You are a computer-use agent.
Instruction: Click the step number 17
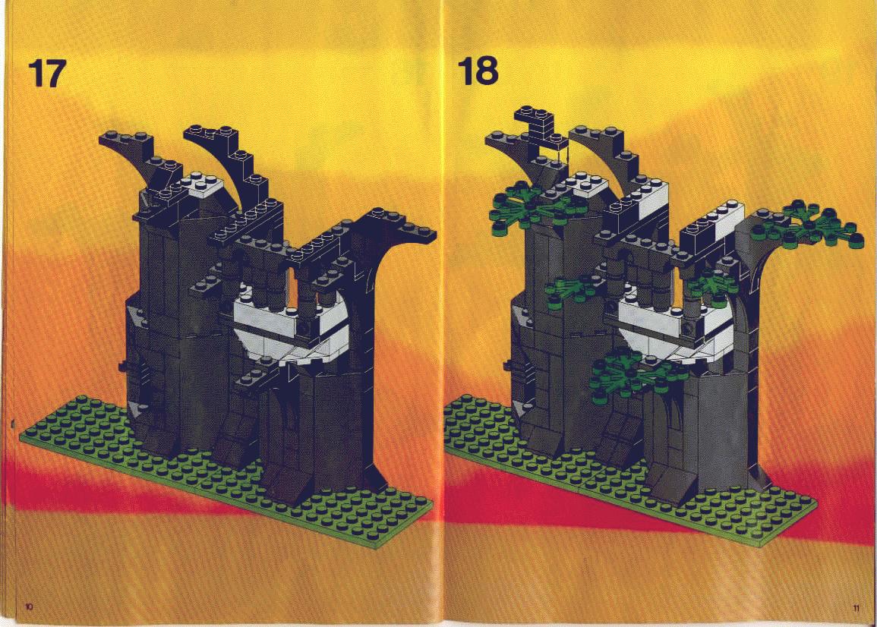[46, 74]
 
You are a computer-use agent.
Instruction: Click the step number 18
[478, 71]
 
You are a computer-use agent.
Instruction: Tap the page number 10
[29, 606]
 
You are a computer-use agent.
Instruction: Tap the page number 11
[856, 608]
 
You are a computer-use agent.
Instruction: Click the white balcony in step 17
[288, 327]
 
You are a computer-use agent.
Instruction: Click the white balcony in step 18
[674, 327]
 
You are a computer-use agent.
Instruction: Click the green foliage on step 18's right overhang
[806, 226]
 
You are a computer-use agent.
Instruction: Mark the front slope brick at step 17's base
[285, 478]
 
